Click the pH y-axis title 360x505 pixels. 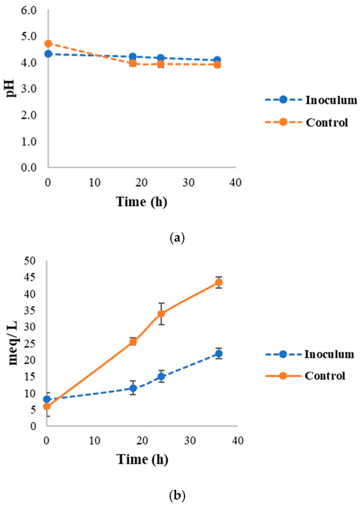[10, 88]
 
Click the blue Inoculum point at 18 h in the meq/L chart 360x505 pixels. [133, 388]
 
